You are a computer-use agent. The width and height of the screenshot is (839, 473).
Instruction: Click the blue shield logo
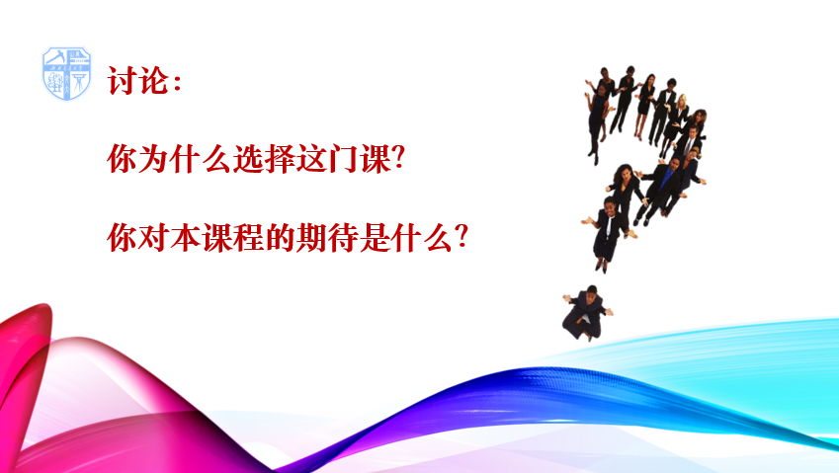pyautogui.click(x=66, y=73)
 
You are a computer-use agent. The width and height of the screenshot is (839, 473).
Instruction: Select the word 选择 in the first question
pyautogui.click(x=264, y=159)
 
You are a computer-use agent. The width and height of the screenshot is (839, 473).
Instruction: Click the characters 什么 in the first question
pyautogui.click(x=201, y=159)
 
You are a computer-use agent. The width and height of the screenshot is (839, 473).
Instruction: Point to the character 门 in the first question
pyautogui.click(x=343, y=159)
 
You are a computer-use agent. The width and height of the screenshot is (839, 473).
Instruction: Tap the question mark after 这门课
pyautogui.click(x=398, y=159)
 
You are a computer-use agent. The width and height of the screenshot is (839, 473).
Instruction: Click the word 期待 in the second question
pyautogui.click(x=327, y=237)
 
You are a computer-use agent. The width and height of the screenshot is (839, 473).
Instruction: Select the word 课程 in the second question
pyautogui.click(x=232, y=237)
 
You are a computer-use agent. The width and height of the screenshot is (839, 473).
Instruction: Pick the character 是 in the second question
pyautogui.click(x=375, y=237)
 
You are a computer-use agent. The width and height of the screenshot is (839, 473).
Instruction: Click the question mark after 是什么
pyautogui.click(x=461, y=237)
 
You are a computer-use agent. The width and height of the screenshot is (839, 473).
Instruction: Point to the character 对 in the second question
pyautogui.click(x=153, y=237)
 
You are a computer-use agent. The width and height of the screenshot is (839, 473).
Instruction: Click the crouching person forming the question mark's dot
pyautogui.click(x=587, y=313)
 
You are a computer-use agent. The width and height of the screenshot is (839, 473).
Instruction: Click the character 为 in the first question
pyautogui.click(x=153, y=159)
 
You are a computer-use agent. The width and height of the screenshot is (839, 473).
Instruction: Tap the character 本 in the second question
pyautogui.click(x=185, y=237)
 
